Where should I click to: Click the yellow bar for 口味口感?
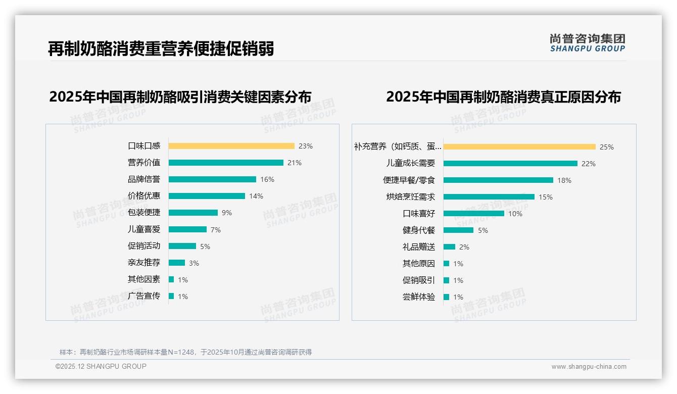tap(231, 146)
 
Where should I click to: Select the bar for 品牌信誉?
tap(212, 179)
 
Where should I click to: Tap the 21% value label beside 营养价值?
tap(295, 163)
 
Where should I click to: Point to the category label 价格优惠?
tap(144, 196)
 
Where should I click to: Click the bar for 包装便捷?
tap(193, 213)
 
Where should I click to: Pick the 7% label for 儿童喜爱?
tap(216, 230)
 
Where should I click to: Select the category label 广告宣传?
tap(144, 296)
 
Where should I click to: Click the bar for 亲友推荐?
tap(177, 263)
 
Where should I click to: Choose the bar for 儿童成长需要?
tap(510, 164)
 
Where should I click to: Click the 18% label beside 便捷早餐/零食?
tap(564, 180)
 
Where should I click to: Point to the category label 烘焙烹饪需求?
tap(411, 197)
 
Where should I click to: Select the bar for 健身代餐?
tap(458, 230)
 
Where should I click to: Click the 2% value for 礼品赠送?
tap(464, 247)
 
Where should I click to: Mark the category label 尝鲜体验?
tap(419, 297)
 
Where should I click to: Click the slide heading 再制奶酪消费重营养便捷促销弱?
tap(161, 48)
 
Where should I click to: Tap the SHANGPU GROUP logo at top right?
tap(588, 43)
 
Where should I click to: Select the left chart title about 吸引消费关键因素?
tap(180, 96)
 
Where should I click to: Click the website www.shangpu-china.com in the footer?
tap(589, 367)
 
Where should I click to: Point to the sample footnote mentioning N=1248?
tap(185, 352)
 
